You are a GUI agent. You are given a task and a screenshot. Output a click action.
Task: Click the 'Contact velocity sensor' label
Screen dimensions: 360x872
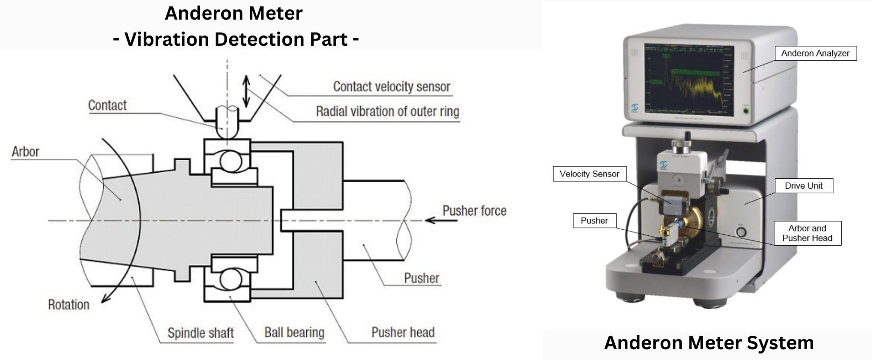(x=391, y=87)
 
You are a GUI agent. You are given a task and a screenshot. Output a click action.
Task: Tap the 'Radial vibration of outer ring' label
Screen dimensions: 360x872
(x=387, y=112)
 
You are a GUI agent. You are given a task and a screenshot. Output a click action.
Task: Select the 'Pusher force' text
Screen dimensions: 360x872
(x=474, y=211)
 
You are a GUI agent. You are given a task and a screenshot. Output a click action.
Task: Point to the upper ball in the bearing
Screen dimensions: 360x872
(x=231, y=162)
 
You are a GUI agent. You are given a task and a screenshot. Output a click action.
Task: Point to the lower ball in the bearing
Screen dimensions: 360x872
(x=231, y=280)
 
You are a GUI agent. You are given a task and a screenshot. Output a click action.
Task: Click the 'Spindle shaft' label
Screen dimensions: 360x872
(x=200, y=333)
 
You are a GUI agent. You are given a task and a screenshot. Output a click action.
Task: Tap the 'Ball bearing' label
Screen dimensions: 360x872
(x=294, y=332)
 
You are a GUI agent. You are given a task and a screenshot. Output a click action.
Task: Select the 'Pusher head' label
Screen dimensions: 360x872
(x=403, y=332)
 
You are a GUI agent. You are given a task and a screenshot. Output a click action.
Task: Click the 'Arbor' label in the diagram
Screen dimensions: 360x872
(x=26, y=152)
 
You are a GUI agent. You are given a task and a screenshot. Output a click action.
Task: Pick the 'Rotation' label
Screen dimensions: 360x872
(x=69, y=305)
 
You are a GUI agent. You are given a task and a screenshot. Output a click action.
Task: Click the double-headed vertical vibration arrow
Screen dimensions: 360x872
(x=246, y=91)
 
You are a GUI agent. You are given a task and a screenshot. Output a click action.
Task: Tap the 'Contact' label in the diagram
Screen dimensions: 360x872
(x=107, y=106)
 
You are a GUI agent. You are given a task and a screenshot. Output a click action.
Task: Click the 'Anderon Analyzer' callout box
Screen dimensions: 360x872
(x=815, y=53)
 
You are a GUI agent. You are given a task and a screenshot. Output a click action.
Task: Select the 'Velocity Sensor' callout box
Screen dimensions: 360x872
(x=589, y=174)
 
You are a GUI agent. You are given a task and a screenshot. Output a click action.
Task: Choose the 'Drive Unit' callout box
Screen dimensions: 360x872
(x=803, y=185)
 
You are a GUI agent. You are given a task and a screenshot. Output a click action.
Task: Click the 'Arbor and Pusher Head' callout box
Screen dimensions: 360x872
(x=807, y=233)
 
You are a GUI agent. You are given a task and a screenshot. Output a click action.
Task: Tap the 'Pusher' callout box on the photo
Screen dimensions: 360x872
(x=594, y=220)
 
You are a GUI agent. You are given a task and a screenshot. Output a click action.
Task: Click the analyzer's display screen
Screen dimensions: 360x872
(x=689, y=80)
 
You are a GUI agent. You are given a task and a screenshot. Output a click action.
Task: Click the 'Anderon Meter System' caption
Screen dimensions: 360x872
(x=708, y=343)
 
